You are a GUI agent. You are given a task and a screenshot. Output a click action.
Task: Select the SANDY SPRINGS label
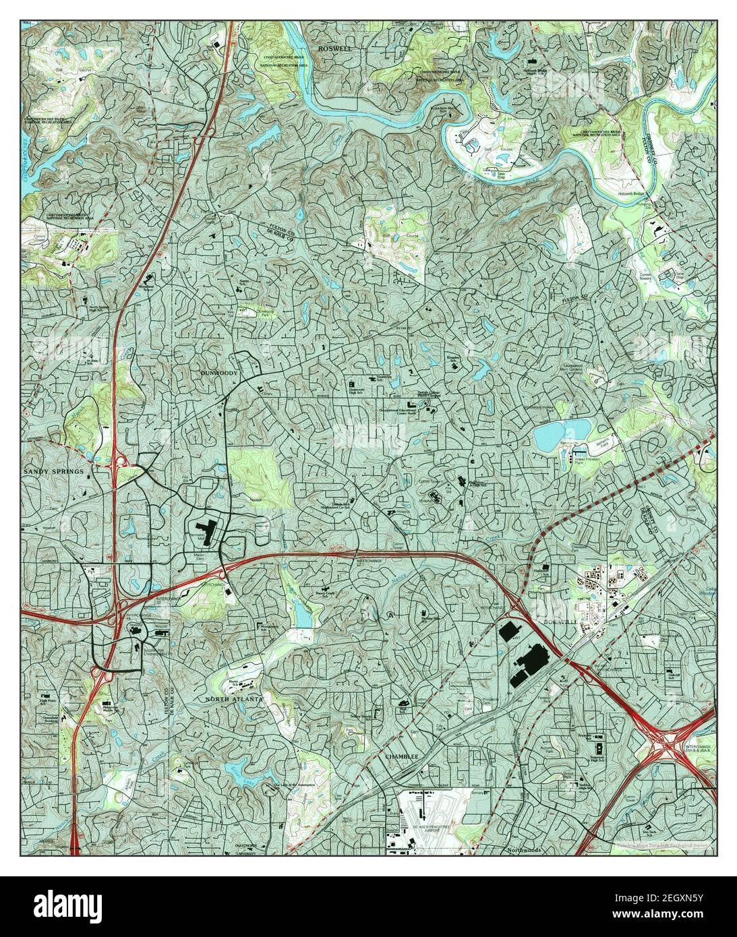click(54, 471)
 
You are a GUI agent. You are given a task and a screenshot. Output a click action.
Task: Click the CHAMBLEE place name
click(403, 757)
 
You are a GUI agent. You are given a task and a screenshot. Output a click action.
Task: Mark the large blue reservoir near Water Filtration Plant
click(562, 435)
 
